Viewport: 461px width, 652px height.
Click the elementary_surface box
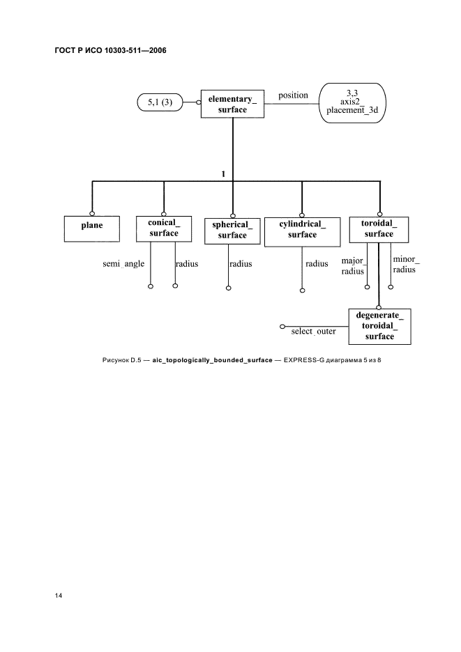[x=232, y=104]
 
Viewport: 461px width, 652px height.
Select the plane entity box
[x=92, y=228]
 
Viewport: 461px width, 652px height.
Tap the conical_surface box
[x=164, y=228]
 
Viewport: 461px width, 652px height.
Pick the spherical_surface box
[x=232, y=231]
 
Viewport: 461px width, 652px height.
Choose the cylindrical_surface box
[x=303, y=232]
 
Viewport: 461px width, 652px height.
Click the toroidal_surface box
[x=379, y=230]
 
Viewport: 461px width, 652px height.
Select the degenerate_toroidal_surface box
[x=380, y=327]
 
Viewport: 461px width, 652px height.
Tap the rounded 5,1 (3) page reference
[x=160, y=102]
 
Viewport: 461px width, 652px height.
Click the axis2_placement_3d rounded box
[x=352, y=102]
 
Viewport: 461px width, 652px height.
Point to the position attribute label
[x=293, y=95]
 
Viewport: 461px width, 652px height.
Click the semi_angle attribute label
[x=123, y=263]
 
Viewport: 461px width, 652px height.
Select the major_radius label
[x=353, y=266]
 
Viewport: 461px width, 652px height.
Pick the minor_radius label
[x=406, y=265]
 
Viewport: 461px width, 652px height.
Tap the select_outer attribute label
[x=314, y=332]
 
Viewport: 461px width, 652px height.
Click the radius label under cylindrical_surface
[x=317, y=263]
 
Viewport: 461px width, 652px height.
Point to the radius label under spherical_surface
[x=241, y=263]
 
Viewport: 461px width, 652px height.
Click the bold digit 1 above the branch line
[x=224, y=174]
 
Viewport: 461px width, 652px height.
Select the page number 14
[x=59, y=596]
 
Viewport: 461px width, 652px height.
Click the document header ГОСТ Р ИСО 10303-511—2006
[x=110, y=50]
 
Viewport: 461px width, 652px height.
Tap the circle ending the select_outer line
[x=282, y=327]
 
